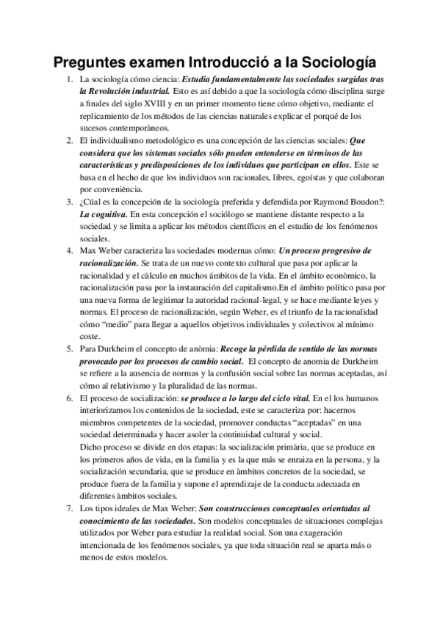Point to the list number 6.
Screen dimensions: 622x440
(x=68, y=397)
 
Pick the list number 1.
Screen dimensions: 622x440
(x=68, y=79)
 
